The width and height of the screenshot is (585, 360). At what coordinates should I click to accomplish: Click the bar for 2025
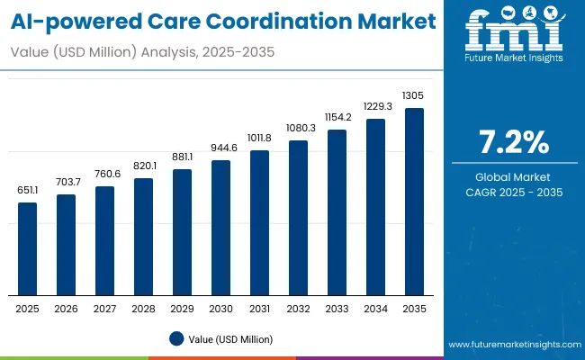(28, 248)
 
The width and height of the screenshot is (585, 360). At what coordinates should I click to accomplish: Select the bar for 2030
(220, 228)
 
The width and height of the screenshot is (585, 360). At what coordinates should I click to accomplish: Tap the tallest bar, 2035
(414, 202)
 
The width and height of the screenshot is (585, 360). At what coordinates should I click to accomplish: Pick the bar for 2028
(143, 236)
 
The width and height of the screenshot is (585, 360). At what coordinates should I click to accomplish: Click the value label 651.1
(28, 191)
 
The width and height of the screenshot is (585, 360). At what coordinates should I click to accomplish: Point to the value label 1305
(414, 95)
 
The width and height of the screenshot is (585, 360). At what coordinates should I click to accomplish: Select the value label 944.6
(220, 148)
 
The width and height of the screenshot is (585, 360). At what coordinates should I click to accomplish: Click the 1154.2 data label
(337, 117)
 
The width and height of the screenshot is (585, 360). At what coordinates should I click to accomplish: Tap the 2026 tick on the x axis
(66, 309)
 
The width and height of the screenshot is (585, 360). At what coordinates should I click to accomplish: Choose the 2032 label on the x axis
(298, 309)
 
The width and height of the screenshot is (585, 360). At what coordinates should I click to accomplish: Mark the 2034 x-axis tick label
(375, 309)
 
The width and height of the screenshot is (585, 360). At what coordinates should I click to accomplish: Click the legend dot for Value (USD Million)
(176, 338)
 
